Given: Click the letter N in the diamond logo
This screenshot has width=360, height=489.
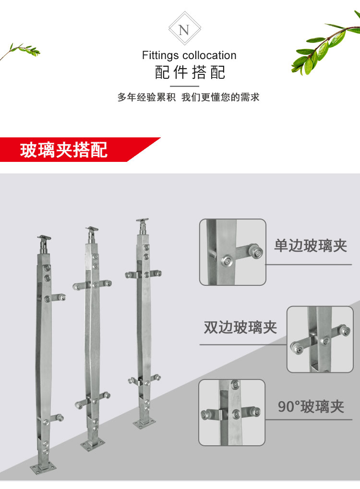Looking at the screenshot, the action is click(184, 30).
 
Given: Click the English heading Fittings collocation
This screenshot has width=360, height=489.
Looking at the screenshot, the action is click(189, 55).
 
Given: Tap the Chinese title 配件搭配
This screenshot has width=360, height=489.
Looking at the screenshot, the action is click(190, 73).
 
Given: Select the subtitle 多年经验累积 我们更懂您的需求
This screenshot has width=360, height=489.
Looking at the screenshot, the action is click(188, 97).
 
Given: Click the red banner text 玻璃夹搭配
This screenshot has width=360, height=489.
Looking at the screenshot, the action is click(64, 150).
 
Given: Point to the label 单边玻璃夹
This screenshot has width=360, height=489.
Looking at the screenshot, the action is click(311, 246).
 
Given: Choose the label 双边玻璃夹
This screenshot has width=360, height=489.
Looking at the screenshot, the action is click(240, 328).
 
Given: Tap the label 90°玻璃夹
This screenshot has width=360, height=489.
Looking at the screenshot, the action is click(311, 407).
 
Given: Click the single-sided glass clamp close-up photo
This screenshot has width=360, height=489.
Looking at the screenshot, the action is click(232, 252).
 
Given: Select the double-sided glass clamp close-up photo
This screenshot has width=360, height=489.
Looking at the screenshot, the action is click(320, 339).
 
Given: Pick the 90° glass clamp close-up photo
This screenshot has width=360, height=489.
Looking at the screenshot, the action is click(232, 412).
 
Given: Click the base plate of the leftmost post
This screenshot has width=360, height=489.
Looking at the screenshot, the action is click(43, 467).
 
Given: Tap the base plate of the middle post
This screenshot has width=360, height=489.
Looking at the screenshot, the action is click(93, 444).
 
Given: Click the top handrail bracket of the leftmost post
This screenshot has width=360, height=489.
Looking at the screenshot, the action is click(45, 243).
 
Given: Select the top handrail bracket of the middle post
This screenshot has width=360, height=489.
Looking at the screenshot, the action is click(92, 234).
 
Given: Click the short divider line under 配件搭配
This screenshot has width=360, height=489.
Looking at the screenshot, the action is click(184, 86).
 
